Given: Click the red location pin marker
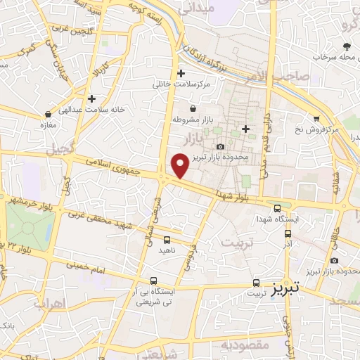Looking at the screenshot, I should coord(180,165).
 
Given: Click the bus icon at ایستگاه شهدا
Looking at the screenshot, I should coord(278,208).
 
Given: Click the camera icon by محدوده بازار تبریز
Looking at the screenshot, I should coord(221,146).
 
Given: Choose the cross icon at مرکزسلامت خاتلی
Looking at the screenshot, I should coord(181,73).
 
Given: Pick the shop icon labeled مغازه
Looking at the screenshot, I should coord(48,113).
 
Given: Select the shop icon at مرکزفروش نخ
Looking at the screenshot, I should coord(317,118).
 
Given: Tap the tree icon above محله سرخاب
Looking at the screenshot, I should coord(347,46).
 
